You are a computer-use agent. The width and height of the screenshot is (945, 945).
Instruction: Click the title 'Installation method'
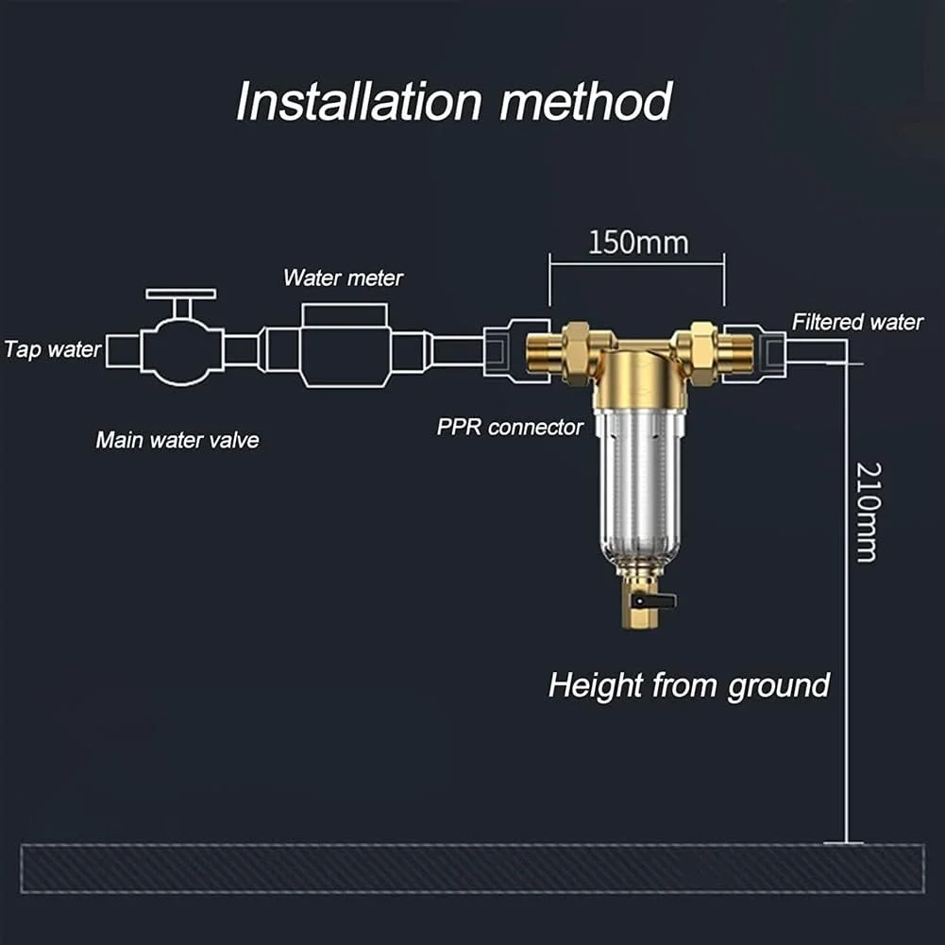453,101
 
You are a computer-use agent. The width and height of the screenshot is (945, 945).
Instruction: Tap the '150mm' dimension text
638,243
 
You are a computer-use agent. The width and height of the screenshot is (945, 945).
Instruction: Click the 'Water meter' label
343,278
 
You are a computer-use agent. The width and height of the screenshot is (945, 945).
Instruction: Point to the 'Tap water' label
52,349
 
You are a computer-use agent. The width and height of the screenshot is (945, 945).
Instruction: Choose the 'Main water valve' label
177,440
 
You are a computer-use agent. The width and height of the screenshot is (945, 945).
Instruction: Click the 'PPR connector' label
510,427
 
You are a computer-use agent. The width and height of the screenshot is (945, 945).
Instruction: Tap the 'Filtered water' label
857,322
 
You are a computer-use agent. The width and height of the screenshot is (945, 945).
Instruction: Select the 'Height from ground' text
688,684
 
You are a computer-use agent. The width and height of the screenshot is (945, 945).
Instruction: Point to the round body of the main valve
182,350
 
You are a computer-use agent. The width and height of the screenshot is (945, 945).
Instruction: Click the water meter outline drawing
344,347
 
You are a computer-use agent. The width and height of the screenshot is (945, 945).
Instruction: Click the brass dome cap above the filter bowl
645,375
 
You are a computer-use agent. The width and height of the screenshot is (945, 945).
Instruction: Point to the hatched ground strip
472,869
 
